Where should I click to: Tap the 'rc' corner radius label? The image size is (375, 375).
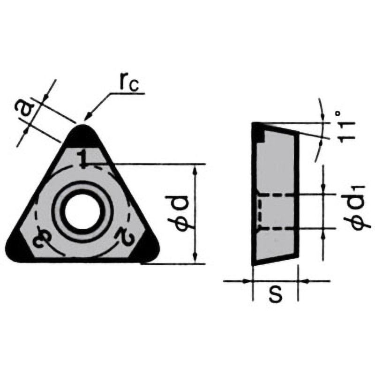(x=129, y=85)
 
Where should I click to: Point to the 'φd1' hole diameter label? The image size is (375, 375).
(x=357, y=208)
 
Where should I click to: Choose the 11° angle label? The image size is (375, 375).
(x=347, y=127)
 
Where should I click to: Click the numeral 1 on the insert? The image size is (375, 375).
(x=82, y=158)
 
